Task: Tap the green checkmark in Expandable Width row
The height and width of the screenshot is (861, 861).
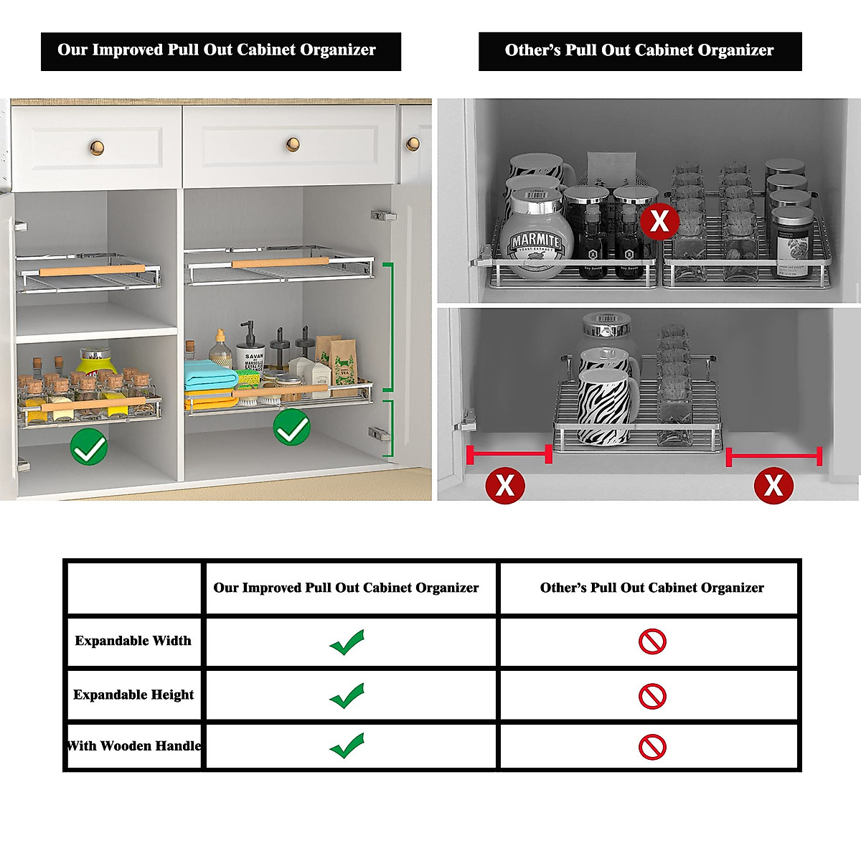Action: [347, 642]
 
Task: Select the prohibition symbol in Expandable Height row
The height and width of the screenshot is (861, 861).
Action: [652, 695]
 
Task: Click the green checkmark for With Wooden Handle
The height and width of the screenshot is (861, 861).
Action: [347, 746]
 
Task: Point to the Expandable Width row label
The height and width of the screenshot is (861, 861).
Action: [133, 641]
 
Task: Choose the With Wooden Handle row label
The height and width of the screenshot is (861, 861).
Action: [134, 746]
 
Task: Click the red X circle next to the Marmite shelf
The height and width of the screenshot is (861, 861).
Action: [659, 221]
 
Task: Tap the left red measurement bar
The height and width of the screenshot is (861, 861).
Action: [509, 454]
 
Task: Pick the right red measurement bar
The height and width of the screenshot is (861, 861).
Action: [773, 456]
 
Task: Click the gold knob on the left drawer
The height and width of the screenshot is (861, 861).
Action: [97, 149]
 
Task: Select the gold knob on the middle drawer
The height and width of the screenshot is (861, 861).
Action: [292, 144]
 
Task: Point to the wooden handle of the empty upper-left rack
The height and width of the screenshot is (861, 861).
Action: [92, 270]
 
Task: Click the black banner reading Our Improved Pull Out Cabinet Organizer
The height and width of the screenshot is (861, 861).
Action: [220, 51]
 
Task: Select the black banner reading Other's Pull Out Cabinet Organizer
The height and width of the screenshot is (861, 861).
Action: [639, 51]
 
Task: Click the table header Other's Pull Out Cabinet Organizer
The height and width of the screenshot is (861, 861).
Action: [651, 588]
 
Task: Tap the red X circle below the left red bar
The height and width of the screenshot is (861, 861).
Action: [504, 486]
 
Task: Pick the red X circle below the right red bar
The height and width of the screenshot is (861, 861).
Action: [773, 486]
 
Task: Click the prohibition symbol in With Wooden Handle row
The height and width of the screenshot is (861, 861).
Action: [652, 747]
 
